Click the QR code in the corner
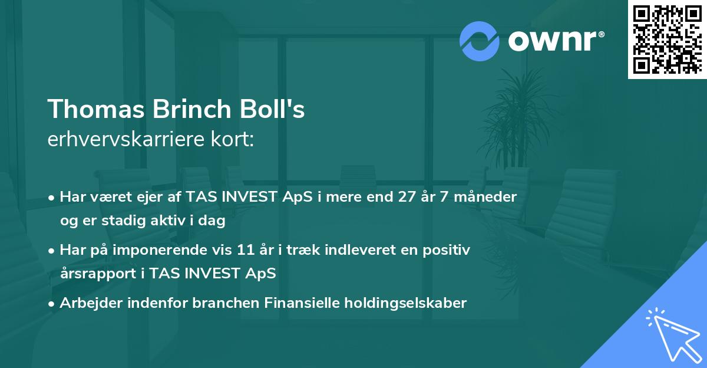click(x=667, y=39)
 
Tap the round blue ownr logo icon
click(x=480, y=41)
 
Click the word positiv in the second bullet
click(x=447, y=250)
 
